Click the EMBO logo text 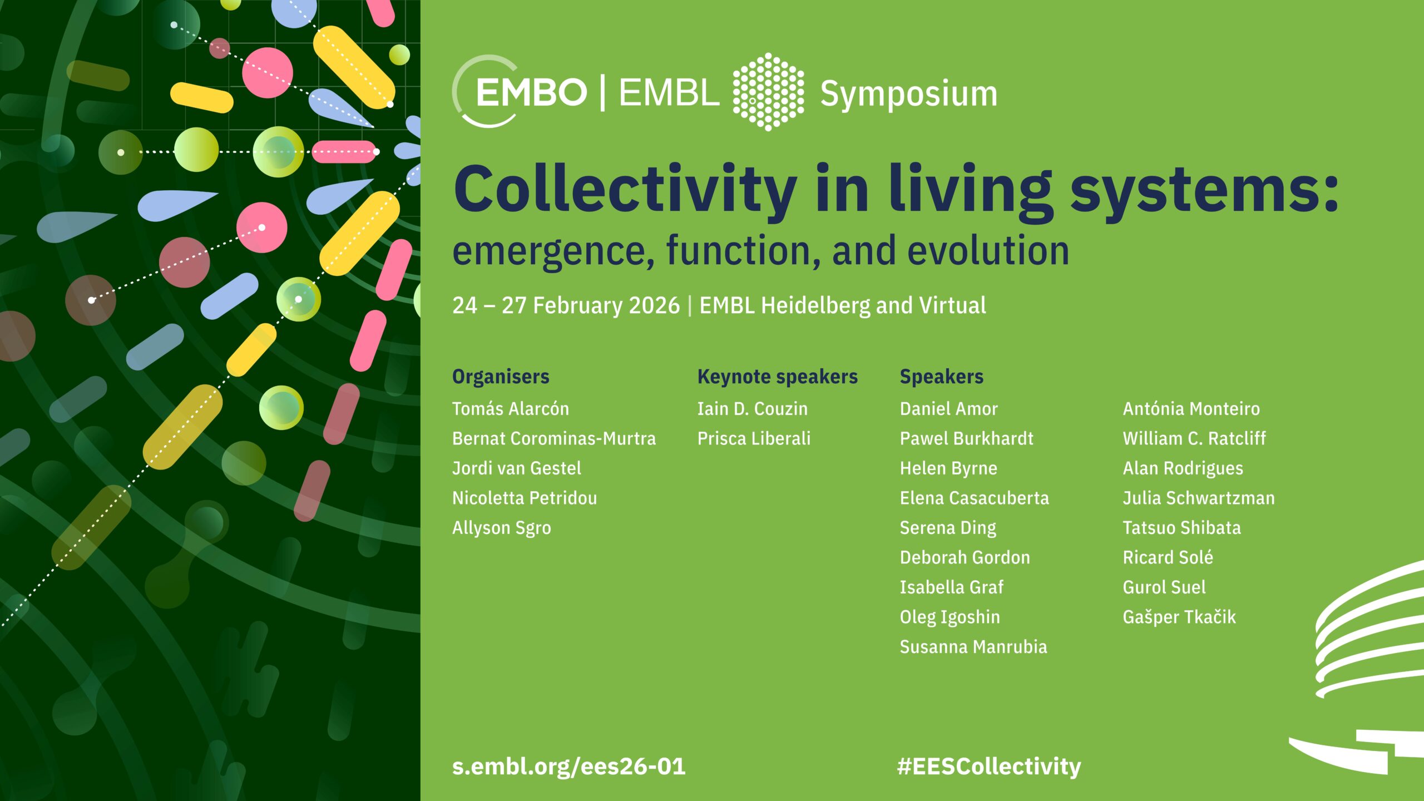[531, 92]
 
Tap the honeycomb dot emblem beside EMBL [768, 92]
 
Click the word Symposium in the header [909, 94]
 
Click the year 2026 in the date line [654, 305]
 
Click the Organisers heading [501, 377]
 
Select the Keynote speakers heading [778, 377]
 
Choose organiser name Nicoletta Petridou [525, 498]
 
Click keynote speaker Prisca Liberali [754, 438]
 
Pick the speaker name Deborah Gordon [965, 557]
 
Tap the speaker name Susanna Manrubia [973, 647]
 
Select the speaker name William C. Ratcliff [1194, 438]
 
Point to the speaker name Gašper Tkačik [1179, 617]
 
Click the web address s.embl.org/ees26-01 [568, 767]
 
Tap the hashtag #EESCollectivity [989, 767]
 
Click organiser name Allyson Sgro [502, 528]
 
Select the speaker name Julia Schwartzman [1199, 498]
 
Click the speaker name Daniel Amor [949, 409]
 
